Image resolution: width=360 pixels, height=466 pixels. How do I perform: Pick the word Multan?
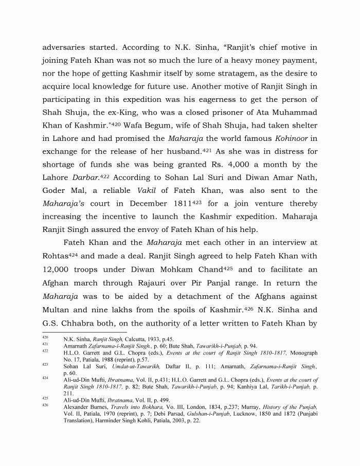[58, 310]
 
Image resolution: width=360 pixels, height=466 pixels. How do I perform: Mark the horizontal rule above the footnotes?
[84, 333]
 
